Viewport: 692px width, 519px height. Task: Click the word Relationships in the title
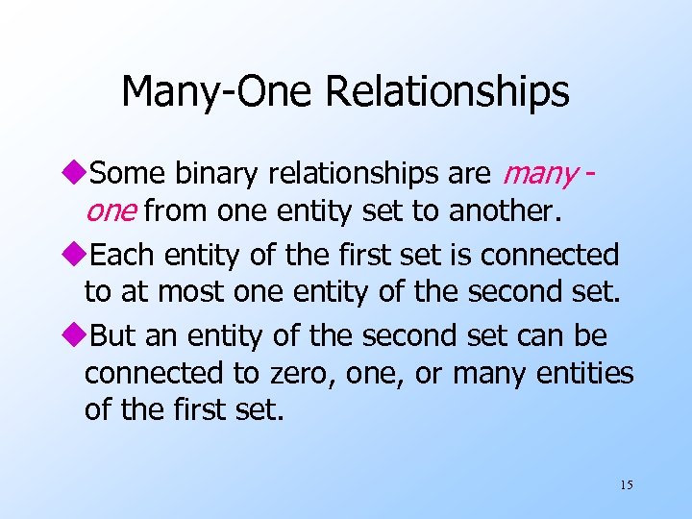pyautogui.click(x=447, y=92)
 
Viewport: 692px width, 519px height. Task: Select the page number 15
pyautogui.click(x=626, y=484)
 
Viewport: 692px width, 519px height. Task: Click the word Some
pyautogui.click(x=129, y=173)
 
